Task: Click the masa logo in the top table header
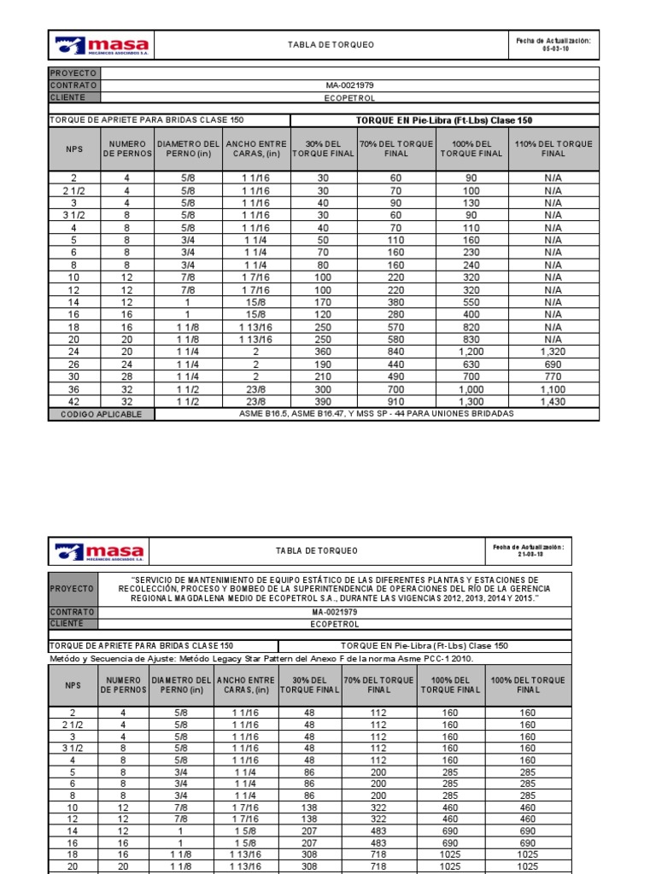click(102, 45)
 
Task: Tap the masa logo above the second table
click(98, 551)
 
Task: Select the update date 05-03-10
click(553, 49)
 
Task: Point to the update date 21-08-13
click(530, 555)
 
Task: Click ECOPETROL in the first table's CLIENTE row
click(349, 98)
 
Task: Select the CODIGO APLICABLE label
click(102, 415)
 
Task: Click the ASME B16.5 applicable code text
click(376, 414)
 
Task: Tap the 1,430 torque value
click(553, 401)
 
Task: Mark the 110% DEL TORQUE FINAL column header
click(553, 149)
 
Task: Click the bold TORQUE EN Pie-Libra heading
click(444, 120)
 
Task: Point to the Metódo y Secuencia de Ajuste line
click(261, 659)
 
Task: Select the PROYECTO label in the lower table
click(73, 589)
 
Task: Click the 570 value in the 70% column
click(396, 327)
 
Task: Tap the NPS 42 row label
click(73, 401)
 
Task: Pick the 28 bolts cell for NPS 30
click(126, 376)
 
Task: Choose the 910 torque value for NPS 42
click(396, 401)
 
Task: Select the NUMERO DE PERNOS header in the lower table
click(123, 685)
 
